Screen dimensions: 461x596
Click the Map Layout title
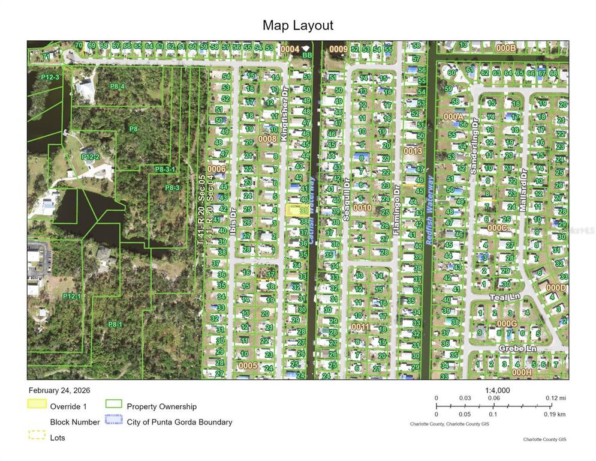(297, 25)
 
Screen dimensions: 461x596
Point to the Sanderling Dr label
(473, 154)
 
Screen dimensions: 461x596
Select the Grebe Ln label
(518, 349)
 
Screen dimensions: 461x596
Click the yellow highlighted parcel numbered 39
(294, 210)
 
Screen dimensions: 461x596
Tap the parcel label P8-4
(117, 86)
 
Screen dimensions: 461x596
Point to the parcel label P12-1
(70, 296)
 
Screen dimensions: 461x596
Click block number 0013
(413, 151)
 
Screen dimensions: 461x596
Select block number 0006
(216, 169)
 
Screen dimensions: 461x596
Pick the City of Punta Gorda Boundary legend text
(179, 422)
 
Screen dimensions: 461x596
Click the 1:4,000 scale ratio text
(496, 390)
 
